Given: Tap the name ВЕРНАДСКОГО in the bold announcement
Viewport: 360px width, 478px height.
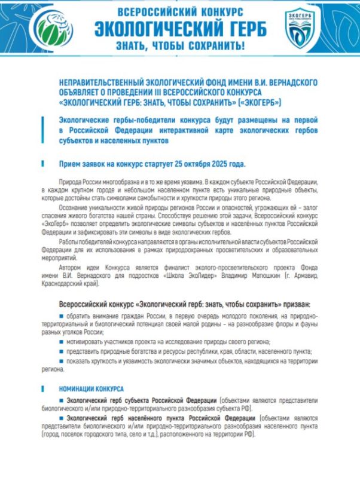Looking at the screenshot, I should coord(291,82).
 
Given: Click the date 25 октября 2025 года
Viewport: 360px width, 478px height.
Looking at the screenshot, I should coord(205,164).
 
